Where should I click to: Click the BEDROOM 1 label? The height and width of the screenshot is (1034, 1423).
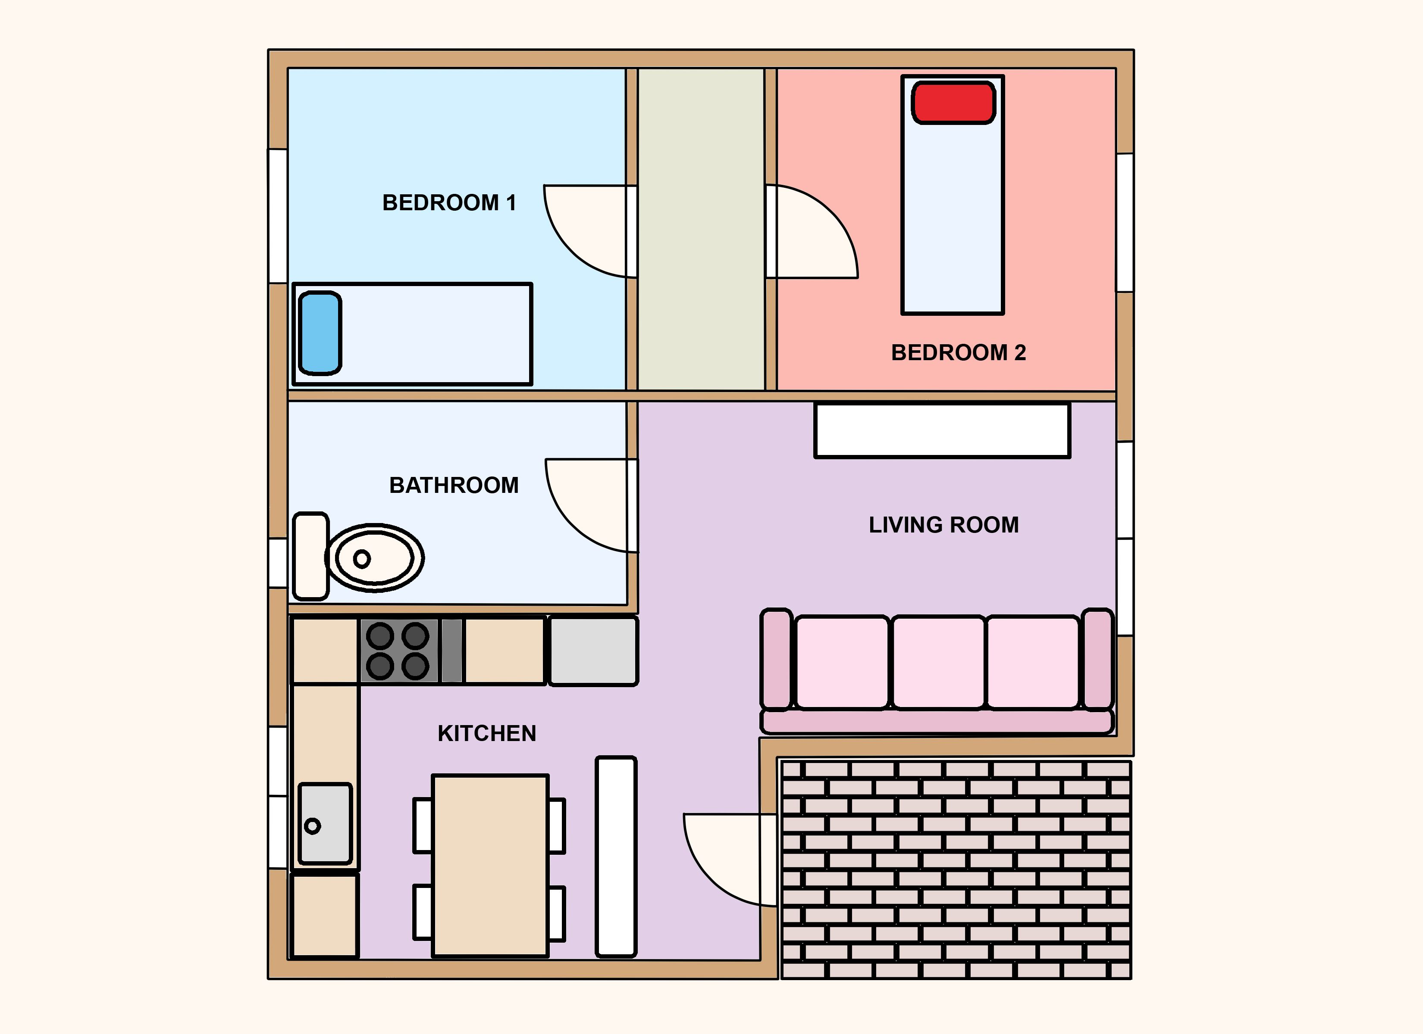[x=449, y=202]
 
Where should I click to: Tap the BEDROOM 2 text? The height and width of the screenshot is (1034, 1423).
[x=958, y=352]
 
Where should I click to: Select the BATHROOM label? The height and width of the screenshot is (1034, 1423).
[x=454, y=486]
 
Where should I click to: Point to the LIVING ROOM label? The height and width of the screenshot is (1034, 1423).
[x=943, y=525]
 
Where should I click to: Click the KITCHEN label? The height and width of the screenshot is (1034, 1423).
[x=487, y=734]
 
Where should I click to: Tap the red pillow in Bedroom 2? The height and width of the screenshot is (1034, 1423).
[x=953, y=102]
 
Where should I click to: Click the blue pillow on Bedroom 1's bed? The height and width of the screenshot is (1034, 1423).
[x=320, y=333]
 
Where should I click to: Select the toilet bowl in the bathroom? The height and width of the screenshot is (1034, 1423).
[x=375, y=558]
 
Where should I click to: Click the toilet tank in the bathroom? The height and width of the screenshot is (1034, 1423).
[x=310, y=556]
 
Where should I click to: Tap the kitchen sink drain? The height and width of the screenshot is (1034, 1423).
[x=312, y=826]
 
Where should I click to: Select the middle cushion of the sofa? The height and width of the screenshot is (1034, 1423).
[x=938, y=663]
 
